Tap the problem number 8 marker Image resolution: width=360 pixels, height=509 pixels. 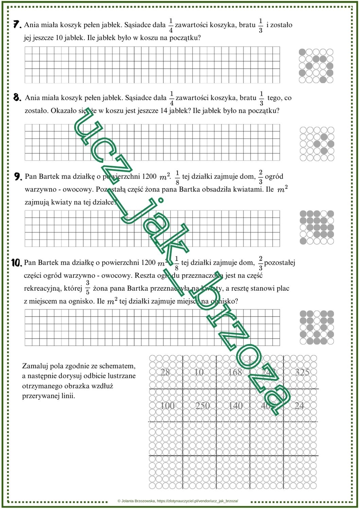coord(17,98)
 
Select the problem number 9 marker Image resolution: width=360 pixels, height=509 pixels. coord(18,176)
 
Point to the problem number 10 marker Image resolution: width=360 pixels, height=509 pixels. coord(17,263)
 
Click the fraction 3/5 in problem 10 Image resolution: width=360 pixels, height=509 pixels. coord(88,288)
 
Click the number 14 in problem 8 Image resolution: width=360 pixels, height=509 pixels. coord(163,111)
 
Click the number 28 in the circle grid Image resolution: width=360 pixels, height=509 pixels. coord(165,372)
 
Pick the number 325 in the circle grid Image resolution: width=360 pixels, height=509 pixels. coord(302,372)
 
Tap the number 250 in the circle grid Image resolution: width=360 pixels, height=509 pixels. coord(203,406)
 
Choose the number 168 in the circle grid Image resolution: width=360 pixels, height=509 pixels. coord(235,372)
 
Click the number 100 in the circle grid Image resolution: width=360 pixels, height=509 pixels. coord(167,406)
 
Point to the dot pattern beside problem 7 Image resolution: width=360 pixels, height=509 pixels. coord(316,66)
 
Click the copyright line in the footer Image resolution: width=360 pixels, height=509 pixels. coord(178,501)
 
